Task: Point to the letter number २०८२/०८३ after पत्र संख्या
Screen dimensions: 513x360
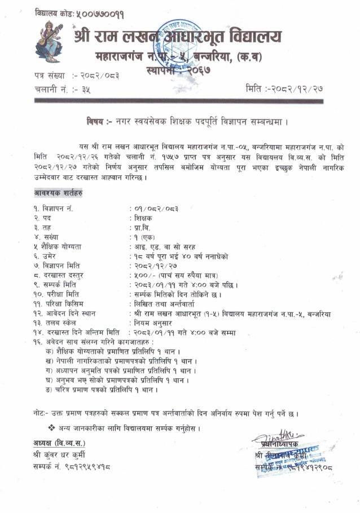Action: click(99, 75)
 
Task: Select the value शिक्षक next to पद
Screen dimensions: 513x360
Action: click(144, 218)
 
